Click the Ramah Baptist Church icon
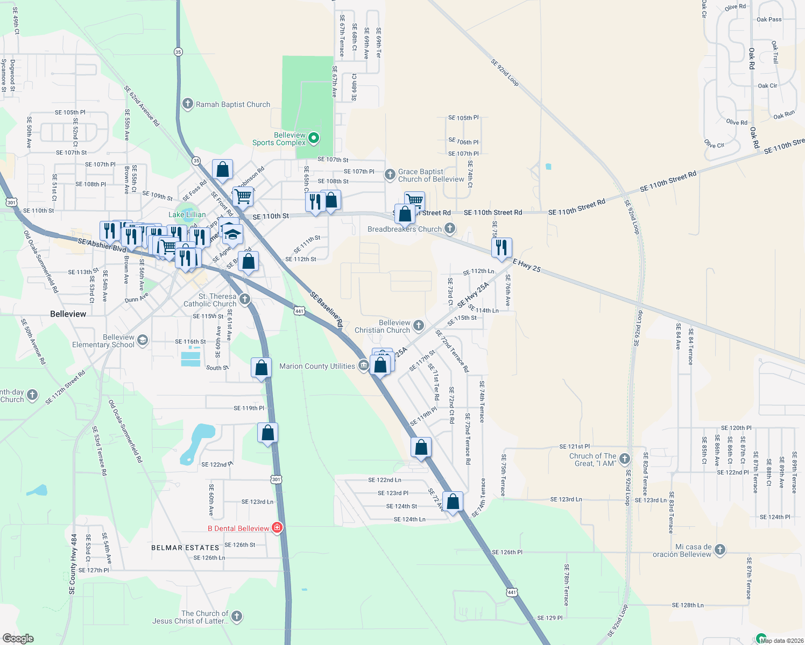click(187, 104)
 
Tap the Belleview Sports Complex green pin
click(313, 139)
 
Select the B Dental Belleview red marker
click(277, 528)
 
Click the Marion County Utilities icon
click(363, 366)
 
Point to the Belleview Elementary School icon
click(142, 340)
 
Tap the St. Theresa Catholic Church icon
click(245, 299)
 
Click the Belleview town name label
click(68, 314)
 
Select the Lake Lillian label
click(187, 214)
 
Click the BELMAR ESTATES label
click(185, 548)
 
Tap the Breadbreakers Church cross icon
click(449, 228)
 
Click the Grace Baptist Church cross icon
click(390, 175)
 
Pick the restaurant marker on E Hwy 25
click(502, 248)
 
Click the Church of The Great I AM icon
click(625, 459)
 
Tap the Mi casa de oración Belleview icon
click(720, 550)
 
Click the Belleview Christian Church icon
click(418, 325)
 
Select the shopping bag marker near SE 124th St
click(453, 501)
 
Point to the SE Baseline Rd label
click(326, 310)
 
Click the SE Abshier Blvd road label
click(102, 245)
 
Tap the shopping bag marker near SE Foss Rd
click(223, 170)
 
